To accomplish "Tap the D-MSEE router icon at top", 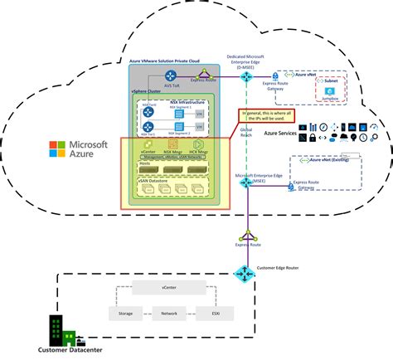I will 247,76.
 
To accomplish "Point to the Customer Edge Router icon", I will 245,274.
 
